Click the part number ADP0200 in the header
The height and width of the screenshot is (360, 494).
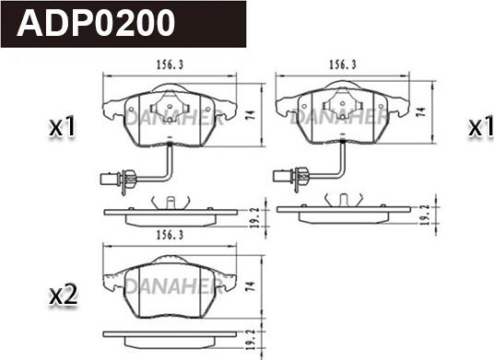(96, 24)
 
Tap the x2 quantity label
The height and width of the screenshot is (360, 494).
(64, 296)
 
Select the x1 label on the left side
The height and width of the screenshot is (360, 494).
(63, 126)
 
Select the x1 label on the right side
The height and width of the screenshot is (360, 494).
(480, 126)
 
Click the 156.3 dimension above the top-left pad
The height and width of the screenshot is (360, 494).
(170, 65)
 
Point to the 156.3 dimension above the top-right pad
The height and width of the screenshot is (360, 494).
(343, 64)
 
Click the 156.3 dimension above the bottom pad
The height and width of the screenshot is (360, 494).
(170, 235)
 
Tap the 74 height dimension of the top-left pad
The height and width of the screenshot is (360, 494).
(250, 115)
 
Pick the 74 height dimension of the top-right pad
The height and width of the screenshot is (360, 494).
(421, 111)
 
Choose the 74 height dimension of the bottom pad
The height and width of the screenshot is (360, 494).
(250, 286)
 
